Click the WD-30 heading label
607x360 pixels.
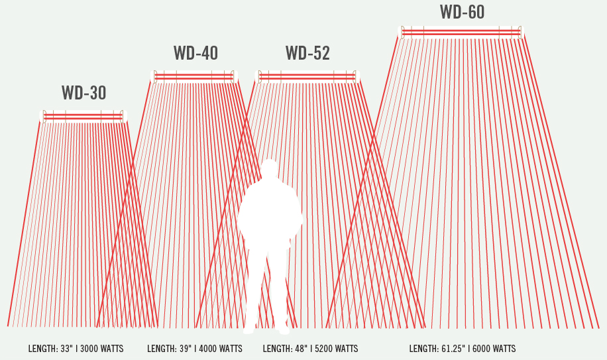tap(83, 93)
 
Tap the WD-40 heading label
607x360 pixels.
tap(195, 53)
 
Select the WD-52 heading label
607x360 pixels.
tap(307, 53)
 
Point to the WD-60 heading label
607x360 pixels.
tap(462, 12)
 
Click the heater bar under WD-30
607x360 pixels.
tap(83, 117)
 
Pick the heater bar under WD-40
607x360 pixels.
tap(194, 77)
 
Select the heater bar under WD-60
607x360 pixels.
tap(461, 32)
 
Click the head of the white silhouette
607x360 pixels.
tap(269, 169)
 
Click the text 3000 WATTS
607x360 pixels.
tap(102, 349)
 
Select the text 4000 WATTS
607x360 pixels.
tap(221, 349)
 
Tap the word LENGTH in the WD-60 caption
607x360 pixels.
tap(423, 349)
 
